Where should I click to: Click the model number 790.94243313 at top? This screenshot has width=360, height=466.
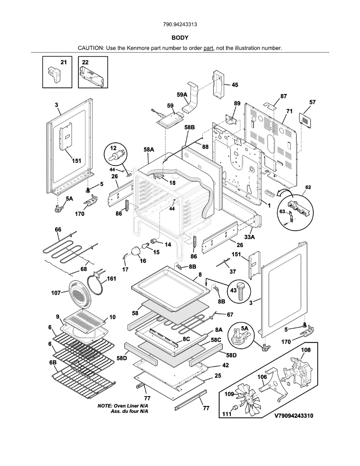180,24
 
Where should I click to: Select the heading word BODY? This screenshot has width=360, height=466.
180,38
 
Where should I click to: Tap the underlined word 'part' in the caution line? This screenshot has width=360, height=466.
209,48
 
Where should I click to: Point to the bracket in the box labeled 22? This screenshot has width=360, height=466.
92,75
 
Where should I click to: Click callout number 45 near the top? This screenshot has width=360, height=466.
235,85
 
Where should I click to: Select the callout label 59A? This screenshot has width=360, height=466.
182,95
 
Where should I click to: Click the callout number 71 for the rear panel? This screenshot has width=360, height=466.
289,111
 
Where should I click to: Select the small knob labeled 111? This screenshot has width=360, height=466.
235,407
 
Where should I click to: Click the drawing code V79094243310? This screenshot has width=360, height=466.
294,416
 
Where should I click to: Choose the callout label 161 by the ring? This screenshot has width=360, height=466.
111,278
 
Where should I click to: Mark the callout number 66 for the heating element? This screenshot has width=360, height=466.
58,230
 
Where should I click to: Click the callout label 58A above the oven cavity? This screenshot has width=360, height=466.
149,149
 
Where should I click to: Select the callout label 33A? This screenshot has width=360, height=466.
249,236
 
